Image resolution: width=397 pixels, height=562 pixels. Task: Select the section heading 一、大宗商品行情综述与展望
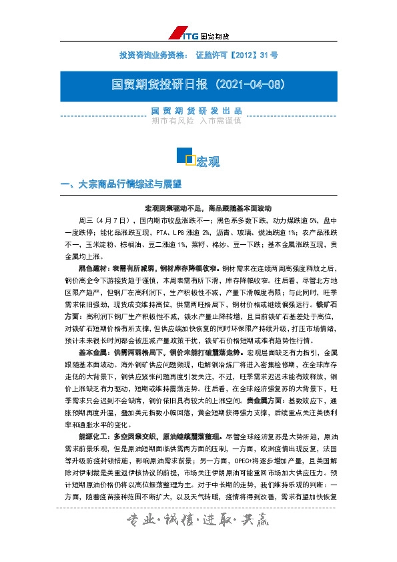(x=121, y=184)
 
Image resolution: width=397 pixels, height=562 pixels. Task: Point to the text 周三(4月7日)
(x=103, y=219)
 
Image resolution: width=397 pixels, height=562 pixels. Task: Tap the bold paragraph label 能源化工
(x=92, y=435)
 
